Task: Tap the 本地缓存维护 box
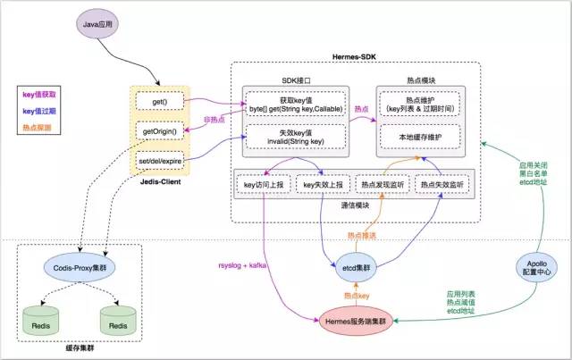(x=417, y=137)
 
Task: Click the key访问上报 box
(x=262, y=184)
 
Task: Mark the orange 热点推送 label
(x=362, y=236)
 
